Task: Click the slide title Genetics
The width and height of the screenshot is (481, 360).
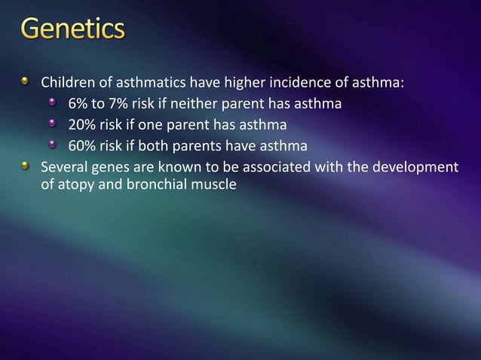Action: pos(72,30)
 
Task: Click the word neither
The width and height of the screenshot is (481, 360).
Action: pos(185,103)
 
